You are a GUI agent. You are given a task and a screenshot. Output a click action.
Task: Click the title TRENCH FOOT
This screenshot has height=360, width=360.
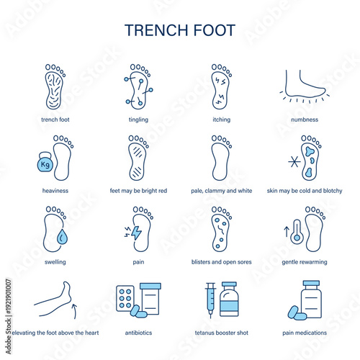[x=179, y=30]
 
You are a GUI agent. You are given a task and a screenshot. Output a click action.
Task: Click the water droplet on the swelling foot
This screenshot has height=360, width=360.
[x=57, y=237]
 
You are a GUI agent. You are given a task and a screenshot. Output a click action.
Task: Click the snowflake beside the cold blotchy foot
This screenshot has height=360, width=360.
[x=294, y=161]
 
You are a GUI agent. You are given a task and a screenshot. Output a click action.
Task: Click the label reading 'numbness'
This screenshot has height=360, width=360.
[x=304, y=120]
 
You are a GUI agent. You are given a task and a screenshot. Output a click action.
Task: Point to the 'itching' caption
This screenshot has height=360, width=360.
[x=221, y=120]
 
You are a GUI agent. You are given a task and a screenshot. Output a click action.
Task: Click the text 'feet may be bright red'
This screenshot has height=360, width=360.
[x=138, y=191]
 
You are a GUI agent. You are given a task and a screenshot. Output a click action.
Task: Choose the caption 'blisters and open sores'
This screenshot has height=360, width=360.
[x=221, y=262]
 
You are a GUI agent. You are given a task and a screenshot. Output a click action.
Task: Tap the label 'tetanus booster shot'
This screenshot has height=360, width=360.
[x=221, y=333]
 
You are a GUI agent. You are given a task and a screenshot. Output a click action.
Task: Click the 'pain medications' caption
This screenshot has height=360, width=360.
[x=304, y=333]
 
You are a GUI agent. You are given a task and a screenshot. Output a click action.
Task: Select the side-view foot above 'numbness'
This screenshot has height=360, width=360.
[x=303, y=87]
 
